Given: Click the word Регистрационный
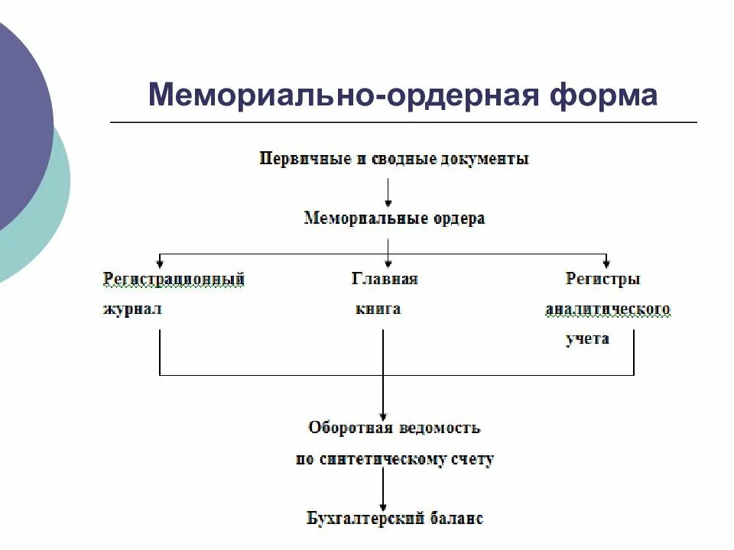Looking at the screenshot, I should [174, 279].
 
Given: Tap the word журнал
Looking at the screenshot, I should [132, 310].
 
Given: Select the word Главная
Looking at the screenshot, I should [385, 279].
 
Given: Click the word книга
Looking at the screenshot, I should [378, 310].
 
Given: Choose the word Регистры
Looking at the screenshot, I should [602, 279].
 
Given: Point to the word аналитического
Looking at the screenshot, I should [608, 310].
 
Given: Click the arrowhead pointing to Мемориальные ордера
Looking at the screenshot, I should [388, 203].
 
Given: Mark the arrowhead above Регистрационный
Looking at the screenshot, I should [159, 262].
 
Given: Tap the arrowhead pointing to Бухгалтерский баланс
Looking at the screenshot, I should [382, 503].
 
